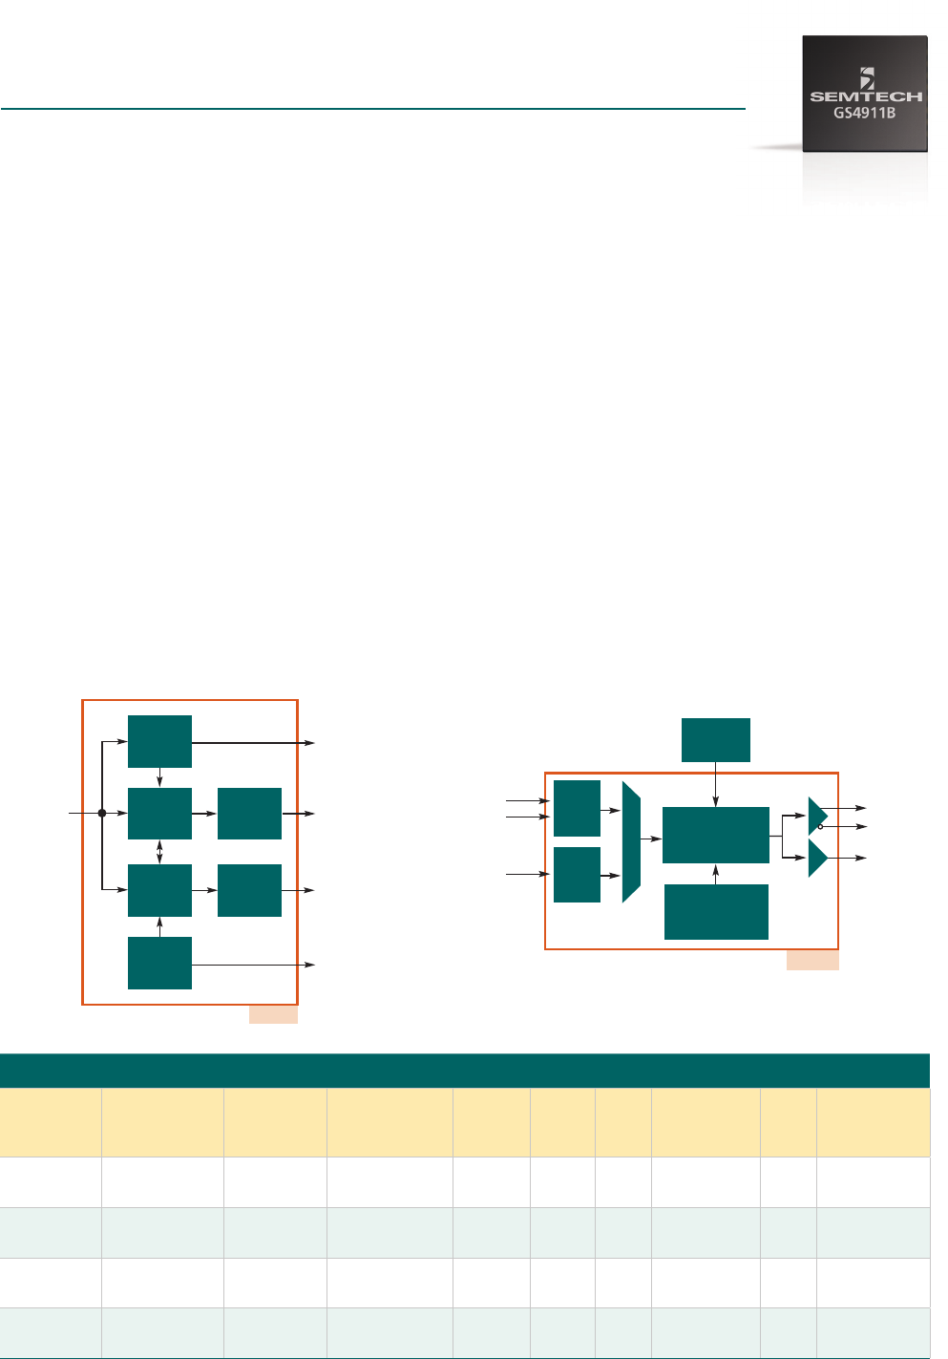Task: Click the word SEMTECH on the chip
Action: (866, 96)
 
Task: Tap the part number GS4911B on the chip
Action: (865, 113)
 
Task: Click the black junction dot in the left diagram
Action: (102, 813)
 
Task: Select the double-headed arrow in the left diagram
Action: (159, 852)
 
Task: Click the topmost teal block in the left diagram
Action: (159, 741)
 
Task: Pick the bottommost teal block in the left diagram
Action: (159, 963)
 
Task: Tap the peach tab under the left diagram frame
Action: (273, 1014)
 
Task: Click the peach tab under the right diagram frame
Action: (812, 960)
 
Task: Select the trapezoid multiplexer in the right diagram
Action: (630, 841)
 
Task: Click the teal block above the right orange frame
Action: (716, 740)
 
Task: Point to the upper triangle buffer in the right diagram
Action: (816, 816)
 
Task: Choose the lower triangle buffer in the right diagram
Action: (816, 858)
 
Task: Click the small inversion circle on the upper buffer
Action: (821, 826)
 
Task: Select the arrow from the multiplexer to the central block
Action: (651, 839)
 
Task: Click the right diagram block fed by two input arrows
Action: (577, 808)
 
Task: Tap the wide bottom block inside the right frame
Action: (716, 912)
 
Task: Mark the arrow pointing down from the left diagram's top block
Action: (159, 777)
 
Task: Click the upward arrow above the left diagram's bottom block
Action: (159, 926)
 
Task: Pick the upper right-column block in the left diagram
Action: (249, 814)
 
